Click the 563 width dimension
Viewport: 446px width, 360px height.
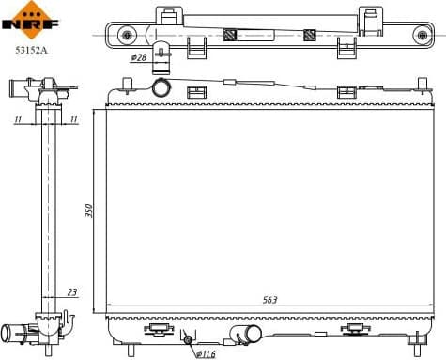click(x=269, y=300)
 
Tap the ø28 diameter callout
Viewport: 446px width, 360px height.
click(x=139, y=58)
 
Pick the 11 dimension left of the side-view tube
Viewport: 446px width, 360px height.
click(x=18, y=120)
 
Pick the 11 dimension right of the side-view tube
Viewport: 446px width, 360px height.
click(x=73, y=120)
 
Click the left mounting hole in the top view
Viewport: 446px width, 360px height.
click(x=128, y=36)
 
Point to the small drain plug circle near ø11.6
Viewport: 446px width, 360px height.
click(x=188, y=339)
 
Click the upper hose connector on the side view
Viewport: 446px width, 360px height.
click(x=22, y=90)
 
